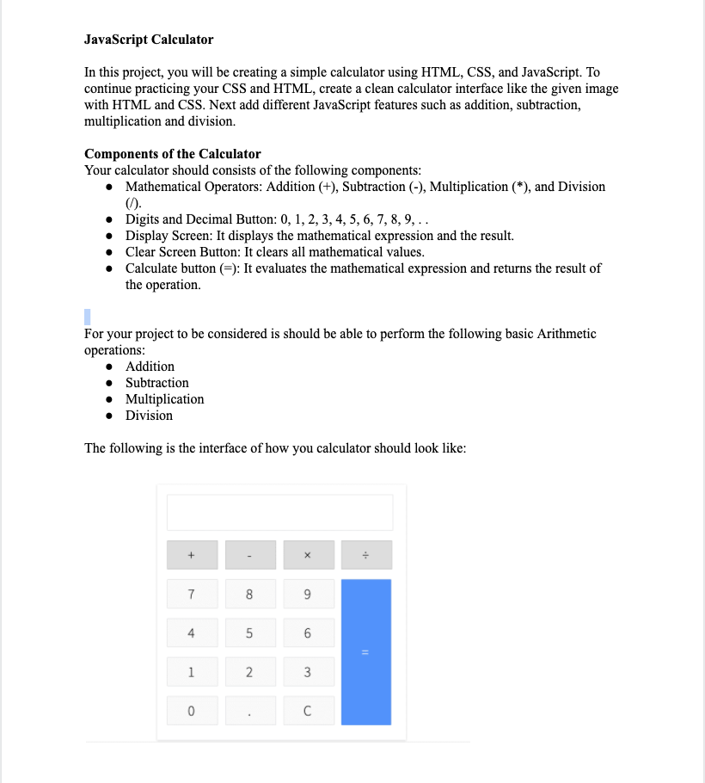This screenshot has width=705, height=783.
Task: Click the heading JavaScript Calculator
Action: [149, 40]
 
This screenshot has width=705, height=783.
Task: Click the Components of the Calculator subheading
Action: [172, 154]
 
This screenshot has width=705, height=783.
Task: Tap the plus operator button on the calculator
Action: [192, 555]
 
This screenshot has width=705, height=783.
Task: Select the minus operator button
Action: [250, 555]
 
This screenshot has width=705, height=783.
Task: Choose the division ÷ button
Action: [366, 555]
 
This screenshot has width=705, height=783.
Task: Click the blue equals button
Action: [366, 651]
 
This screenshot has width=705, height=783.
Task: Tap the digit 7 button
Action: [192, 594]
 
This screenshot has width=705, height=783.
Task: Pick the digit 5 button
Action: [250, 633]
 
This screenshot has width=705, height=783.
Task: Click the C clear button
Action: [308, 711]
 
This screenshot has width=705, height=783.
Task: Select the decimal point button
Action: [250, 711]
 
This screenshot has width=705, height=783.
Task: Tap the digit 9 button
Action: [308, 594]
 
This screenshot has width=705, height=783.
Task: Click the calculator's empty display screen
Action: [279, 513]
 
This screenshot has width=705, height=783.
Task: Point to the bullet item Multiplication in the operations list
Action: [164, 399]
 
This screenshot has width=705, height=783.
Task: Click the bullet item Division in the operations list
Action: [149, 416]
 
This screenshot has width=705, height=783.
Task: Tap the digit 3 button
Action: [308, 672]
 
